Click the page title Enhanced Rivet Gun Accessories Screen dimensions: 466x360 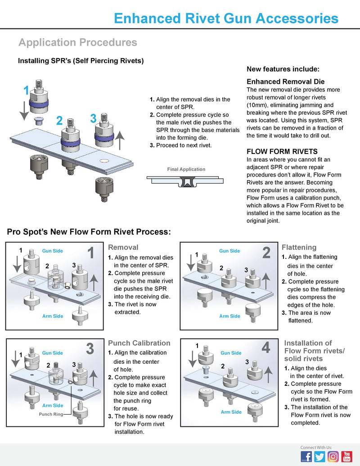(x=226, y=18)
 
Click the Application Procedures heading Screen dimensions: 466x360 (x=78, y=42)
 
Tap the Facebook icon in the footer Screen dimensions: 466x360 (x=306, y=456)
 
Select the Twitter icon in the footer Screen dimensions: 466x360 (x=319, y=456)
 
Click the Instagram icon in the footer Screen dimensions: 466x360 (x=333, y=456)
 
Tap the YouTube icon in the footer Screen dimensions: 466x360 (x=346, y=456)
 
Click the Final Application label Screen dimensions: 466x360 (x=186, y=169)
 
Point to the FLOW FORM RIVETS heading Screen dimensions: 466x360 (x=282, y=151)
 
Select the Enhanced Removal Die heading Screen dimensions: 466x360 (x=285, y=82)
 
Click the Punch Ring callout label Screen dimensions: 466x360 (x=51, y=414)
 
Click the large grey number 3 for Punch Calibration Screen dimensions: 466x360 (x=90, y=348)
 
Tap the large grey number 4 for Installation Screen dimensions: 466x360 (x=265, y=348)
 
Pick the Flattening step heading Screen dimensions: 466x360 (x=299, y=247)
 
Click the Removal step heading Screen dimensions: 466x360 (x=123, y=247)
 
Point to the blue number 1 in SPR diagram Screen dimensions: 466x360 (x=26, y=90)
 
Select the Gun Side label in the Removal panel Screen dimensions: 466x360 (x=53, y=251)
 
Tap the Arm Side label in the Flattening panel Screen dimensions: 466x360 (x=230, y=316)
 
